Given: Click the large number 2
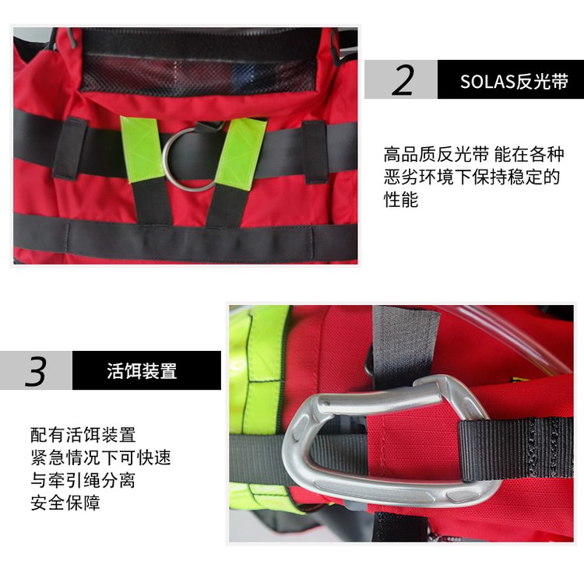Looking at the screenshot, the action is point(403,79).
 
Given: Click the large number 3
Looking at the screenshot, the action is point(36,370).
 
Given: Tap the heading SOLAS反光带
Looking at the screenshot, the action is point(514,81).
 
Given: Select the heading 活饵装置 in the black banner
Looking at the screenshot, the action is point(142,370).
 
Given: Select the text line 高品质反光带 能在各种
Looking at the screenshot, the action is point(473,155).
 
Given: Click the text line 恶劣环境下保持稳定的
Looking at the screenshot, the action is point(472,177).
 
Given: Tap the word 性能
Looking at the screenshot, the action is point(401,199).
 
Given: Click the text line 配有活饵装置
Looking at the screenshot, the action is point(83,435).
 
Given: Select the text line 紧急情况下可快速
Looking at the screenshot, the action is point(100,458).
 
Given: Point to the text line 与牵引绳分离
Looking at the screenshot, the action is point(83,480).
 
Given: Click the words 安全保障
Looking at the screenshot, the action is point(65,503).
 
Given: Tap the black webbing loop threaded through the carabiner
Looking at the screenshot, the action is point(515,449).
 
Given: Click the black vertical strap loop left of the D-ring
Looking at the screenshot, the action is point(70,149).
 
